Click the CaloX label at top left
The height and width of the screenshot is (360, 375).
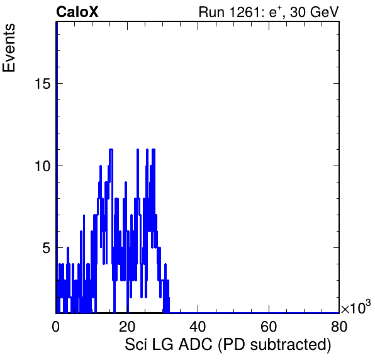pos(77,12)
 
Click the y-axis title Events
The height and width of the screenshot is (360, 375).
pos(9,48)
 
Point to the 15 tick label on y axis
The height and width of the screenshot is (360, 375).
pos(42,84)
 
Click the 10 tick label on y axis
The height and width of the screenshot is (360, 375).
pos(42,166)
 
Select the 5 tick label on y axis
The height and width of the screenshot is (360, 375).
pos(47,248)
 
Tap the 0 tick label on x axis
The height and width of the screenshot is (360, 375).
pos(56,326)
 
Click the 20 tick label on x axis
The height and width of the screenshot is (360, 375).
pos(126,326)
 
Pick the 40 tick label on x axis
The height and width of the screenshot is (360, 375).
pos(198,326)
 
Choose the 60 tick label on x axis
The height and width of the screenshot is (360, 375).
pos(268,326)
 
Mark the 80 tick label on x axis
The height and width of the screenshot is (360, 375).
pos(339,326)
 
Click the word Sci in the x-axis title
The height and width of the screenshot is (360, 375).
pos(134,344)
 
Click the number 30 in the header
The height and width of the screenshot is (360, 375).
pos(298,12)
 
